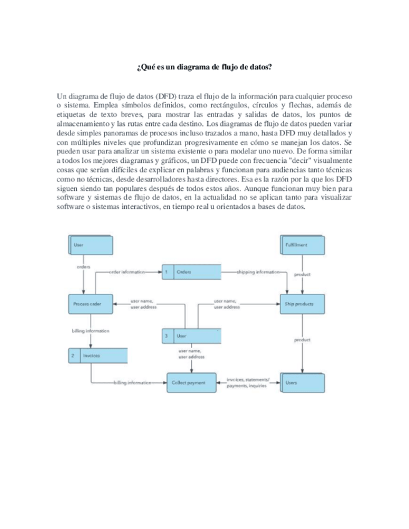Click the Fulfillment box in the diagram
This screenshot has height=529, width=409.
tap(302, 245)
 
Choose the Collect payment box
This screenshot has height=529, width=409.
tap(190, 382)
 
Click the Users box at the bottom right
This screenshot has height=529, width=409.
tap(302, 382)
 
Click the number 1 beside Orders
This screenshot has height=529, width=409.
tap(167, 272)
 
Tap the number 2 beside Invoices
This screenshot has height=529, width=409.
tap(73, 356)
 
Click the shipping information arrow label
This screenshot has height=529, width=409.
tap(257, 272)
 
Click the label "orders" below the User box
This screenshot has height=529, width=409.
tap(84, 266)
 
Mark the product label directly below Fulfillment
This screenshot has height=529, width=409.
tap(302, 274)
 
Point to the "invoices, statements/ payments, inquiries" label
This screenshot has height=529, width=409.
tap(248, 382)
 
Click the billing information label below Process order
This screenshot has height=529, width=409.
tap(91, 331)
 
